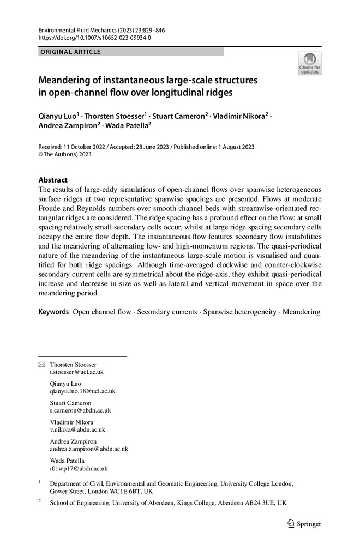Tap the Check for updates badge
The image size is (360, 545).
309,63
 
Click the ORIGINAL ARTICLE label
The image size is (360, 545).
70,52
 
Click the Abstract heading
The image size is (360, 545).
53,179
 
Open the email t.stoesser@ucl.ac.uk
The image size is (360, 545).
76,372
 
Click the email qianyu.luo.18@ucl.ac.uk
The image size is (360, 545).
82,391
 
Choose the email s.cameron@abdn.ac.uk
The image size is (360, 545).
80,410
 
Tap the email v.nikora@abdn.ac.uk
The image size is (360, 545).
77,429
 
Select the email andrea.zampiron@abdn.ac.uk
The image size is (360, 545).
88,449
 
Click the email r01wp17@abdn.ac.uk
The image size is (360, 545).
79,468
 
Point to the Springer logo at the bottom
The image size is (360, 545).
303,524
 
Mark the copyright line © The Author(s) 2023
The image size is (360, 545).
65,155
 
